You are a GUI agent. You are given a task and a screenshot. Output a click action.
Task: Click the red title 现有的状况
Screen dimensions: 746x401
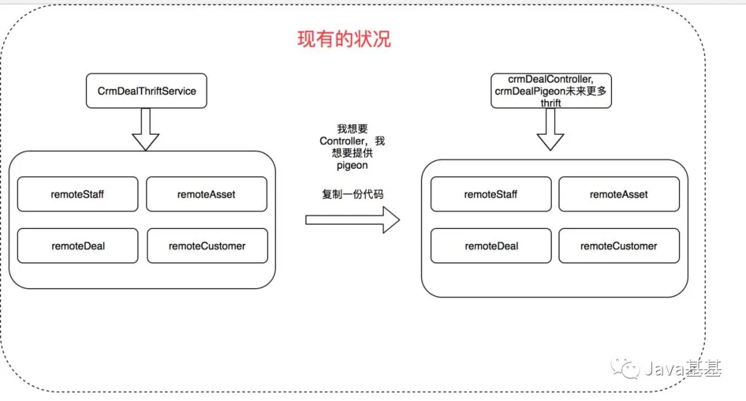[x=344, y=39]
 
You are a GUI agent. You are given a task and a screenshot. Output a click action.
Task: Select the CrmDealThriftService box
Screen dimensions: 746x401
[x=146, y=91]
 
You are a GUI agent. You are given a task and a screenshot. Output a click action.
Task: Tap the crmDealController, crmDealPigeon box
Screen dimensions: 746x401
[x=551, y=91]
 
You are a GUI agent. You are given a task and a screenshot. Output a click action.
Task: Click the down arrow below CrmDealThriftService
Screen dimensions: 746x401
[x=146, y=129]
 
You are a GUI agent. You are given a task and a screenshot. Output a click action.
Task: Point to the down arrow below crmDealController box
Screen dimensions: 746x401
[x=551, y=129]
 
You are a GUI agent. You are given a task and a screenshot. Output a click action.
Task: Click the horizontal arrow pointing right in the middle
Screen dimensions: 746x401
[x=352, y=220]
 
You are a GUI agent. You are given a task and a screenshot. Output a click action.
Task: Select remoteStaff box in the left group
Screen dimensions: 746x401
[x=77, y=194]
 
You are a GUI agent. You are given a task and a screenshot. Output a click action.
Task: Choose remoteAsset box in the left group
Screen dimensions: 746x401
[x=207, y=194]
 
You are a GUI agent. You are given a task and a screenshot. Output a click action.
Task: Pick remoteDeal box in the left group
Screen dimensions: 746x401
[x=77, y=245]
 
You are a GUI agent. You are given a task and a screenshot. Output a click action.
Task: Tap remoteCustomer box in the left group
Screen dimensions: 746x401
[x=207, y=245]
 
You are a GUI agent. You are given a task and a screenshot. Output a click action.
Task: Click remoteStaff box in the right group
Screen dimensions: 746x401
[x=491, y=194]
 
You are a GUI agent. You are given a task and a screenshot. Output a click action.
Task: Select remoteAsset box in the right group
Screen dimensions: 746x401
[x=619, y=194]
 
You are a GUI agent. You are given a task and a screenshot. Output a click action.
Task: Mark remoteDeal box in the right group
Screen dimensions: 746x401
[x=491, y=245]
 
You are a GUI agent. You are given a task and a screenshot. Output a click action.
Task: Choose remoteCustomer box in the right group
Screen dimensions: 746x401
[x=619, y=245]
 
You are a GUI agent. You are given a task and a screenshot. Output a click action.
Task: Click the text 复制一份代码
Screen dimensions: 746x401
[x=352, y=194]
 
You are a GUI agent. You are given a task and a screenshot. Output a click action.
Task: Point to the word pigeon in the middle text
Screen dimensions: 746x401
[x=352, y=166]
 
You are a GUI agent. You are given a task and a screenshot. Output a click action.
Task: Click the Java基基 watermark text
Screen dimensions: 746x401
[x=683, y=369]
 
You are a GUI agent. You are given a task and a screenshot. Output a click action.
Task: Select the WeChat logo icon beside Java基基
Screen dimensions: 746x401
[x=625, y=368]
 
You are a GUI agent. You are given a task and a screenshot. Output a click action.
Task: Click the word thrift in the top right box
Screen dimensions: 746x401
[x=551, y=103]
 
